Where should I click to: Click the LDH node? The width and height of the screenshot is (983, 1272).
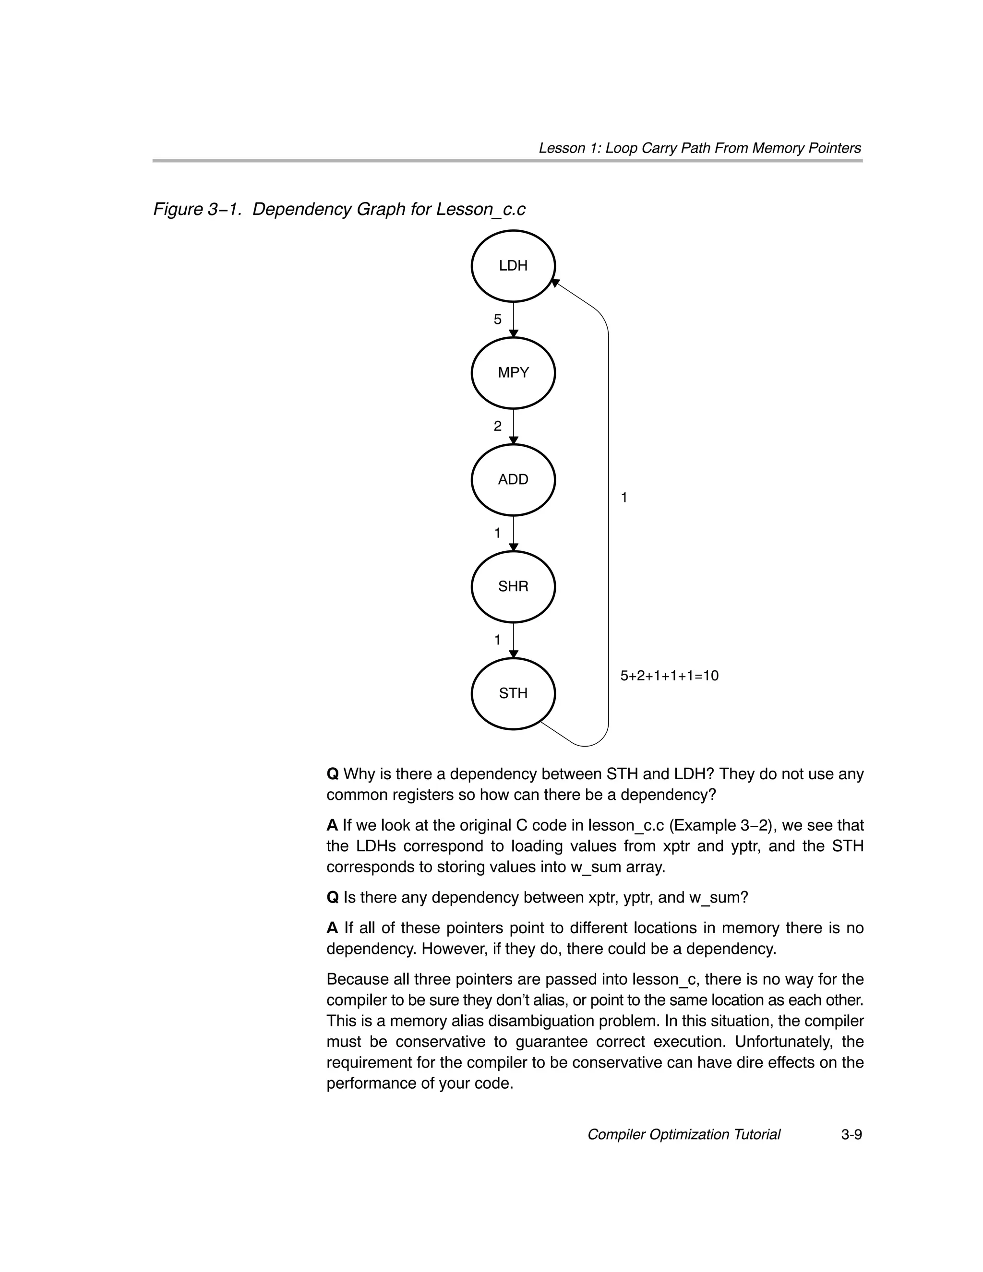coord(513,266)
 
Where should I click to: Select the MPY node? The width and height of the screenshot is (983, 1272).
coord(513,373)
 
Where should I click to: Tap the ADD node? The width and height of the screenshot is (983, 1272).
coord(513,479)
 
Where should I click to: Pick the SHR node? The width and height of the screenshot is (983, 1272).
coord(513,586)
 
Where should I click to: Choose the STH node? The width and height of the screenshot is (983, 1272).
coord(513,693)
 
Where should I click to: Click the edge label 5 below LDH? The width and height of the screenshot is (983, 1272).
coord(497,319)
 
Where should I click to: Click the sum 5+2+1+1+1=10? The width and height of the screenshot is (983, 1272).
coord(669,676)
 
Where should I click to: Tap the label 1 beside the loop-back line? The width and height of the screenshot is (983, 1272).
coord(624,498)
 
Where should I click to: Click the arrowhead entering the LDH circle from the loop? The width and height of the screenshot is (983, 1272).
coord(555,283)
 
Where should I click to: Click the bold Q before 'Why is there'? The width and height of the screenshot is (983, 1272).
coord(332,774)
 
